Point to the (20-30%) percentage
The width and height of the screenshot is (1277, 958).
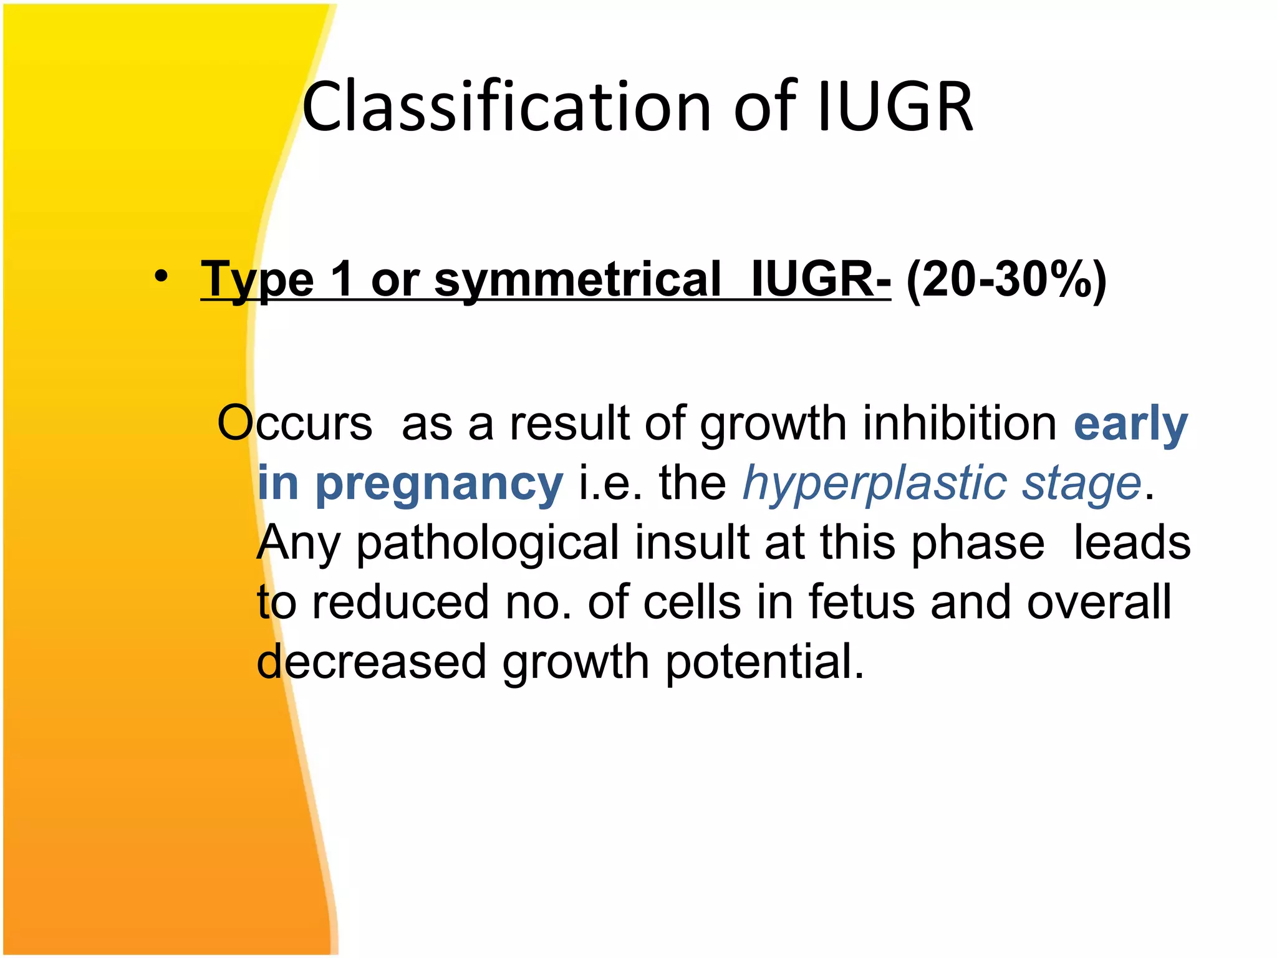point(1006,280)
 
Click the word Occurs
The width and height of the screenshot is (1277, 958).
point(294,423)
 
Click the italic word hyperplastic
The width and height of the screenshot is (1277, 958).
point(874,483)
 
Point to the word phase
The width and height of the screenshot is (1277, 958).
point(977,542)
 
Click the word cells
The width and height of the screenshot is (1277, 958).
point(692,602)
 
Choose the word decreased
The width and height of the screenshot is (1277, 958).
point(372,662)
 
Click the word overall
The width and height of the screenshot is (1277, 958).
point(1099,602)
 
